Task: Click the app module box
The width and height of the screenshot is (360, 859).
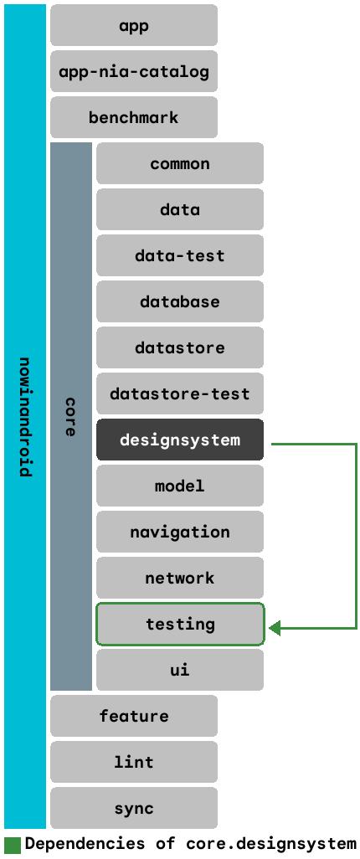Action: (x=134, y=25)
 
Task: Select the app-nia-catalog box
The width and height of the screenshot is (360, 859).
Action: (x=134, y=71)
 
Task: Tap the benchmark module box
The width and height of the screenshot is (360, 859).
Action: (x=134, y=117)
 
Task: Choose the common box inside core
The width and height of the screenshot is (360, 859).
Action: (x=180, y=163)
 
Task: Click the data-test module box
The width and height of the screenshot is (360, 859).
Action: (x=180, y=255)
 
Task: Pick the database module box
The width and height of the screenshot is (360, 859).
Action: (x=180, y=301)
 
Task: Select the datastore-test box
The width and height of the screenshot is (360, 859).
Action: (x=180, y=393)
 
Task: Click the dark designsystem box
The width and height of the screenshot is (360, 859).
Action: (x=180, y=440)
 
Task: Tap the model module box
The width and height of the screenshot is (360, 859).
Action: (x=180, y=486)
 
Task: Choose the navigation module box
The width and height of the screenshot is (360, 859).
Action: (x=180, y=532)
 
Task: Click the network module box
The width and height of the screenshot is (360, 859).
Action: (x=180, y=578)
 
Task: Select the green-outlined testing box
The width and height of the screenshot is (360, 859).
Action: (x=180, y=624)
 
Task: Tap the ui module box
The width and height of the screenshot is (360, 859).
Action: (x=180, y=670)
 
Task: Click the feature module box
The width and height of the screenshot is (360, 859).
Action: (x=134, y=716)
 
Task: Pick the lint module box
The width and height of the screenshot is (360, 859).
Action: (x=134, y=762)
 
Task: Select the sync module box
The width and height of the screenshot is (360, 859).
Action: (x=134, y=808)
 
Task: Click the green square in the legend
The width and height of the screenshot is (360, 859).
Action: (x=12, y=844)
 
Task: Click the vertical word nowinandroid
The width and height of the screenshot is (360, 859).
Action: (x=25, y=417)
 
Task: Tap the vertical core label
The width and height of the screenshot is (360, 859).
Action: (x=71, y=417)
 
